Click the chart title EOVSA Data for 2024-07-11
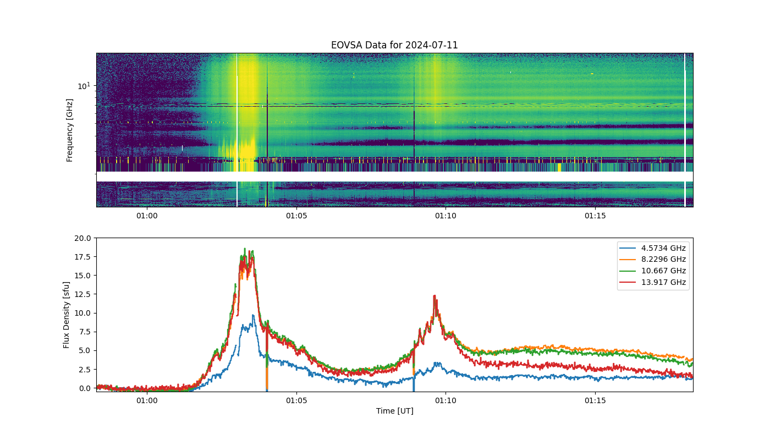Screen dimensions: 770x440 pyautogui.click(x=394, y=45)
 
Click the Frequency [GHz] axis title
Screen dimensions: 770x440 pyautogui.click(x=69, y=130)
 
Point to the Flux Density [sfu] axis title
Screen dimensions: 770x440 pyautogui.click(x=66, y=315)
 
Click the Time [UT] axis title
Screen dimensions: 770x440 pyautogui.click(x=395, y=411)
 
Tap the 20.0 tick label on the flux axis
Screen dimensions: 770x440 pyautogui.click(x=82, y=238)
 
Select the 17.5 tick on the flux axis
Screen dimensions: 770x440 pyautogui.click(x=82, y=257)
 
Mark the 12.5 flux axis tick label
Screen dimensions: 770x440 pyautogui.click(x=82, y=294)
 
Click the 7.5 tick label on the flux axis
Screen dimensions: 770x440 pyautogui.click(x=85, y=332)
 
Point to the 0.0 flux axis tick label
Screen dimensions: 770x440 pyautogui.click(x=85, y=388)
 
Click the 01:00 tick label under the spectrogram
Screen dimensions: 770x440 pyautogui.click(x=147, y=216)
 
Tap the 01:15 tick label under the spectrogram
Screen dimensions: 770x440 pyautogui.click(x=595, y=216)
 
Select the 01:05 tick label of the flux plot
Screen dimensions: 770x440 pyautogui.click(x=296, y=400)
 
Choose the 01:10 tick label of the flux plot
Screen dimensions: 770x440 pyautogui.click(x=446, y=400)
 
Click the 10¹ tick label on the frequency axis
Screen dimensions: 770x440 pyautogui.click(x=84, y=86)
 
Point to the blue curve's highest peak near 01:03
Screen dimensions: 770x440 pyautogui.click(x=254, y=315)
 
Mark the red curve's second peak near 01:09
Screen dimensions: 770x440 pyautogui.click(x=435, y=296)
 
